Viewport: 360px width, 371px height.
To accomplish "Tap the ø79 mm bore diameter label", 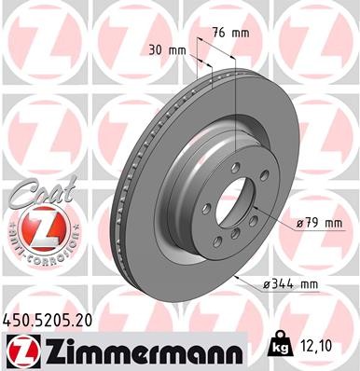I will [x=319, y=222].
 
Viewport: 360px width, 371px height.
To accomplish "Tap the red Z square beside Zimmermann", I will [x=18, y=352].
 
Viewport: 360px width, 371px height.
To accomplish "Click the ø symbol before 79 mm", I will [x=297, y=222].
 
